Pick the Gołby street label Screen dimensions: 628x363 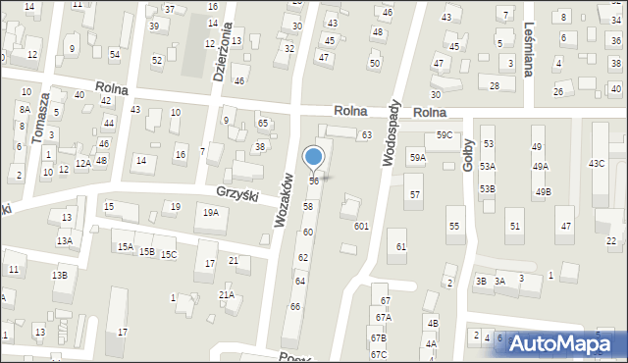click(x=469, y=153)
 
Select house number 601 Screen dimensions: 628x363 click(x=361, y=226)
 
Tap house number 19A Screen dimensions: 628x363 click(x=210, y=212)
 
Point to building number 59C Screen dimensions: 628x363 click(x=445, y=134)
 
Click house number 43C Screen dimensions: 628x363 click(x=596, y=163)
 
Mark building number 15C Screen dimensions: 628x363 click(x=169, y=255)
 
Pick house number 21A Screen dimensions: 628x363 click(x=226, y=294)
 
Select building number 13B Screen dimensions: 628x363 click(x=60, y=275)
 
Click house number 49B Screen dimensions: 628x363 click(x=542, y=191)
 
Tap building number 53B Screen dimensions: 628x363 click(x=488, y=188)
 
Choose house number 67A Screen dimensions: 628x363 click(x=381, y=318)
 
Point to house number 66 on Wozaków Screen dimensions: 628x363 click(x=294, y=307)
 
